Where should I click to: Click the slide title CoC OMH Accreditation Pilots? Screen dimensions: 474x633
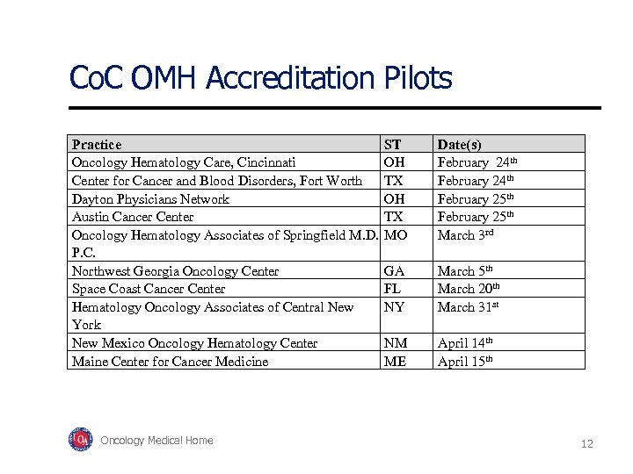260,78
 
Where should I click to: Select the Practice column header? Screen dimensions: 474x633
97,144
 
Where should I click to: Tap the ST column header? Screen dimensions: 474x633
392,144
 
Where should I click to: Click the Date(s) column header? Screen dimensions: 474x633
459,144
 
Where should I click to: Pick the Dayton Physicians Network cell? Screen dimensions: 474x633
150,198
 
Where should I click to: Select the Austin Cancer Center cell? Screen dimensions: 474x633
133,217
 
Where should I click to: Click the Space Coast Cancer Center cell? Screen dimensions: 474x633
149,289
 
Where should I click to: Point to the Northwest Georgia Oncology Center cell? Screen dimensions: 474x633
175,271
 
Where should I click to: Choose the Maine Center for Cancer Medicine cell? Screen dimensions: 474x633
170,362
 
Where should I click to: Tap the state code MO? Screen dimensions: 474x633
396,235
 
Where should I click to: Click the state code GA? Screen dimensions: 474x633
394,271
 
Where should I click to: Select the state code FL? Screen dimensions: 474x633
392,289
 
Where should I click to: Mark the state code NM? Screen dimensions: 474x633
395,343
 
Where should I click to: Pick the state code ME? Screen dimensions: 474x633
395,362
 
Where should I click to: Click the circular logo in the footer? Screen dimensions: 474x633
81,439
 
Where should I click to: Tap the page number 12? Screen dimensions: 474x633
586,444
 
